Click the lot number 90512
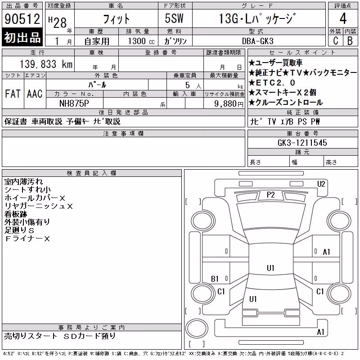22,19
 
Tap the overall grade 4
343,18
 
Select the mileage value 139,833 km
46,64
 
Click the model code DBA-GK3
258,41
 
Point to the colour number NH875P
74,103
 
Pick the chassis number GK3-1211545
302,143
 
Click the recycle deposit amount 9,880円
229,104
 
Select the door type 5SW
174,18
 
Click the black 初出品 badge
22,37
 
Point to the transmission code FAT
13,94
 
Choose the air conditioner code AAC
35,94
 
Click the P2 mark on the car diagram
271,195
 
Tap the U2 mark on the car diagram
321,184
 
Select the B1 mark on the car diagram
215,279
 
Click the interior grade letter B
350,40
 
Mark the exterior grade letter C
336,40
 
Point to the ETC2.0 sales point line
272,82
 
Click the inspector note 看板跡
16,214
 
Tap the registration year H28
58,22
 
